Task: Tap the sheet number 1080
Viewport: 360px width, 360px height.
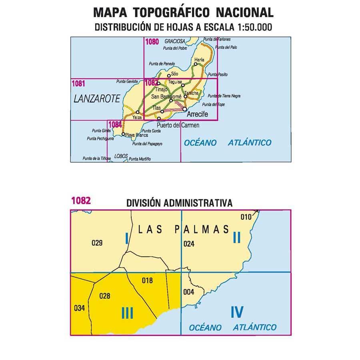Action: (x=152, y=41)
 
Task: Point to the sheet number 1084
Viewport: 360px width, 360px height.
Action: (x=114, y=124)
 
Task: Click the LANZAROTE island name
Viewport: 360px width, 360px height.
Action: (x=97, y=99)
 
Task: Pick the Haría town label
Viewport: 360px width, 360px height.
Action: (x=199, y=59)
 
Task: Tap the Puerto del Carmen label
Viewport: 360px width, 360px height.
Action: (x=178, y=125)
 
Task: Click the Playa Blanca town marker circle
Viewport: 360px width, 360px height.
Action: (x=123, y=134)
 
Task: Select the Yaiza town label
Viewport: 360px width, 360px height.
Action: (x=137, y=117)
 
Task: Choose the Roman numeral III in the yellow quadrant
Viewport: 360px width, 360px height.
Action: (x=127, y=313)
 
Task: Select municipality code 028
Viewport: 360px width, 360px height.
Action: (x=104, y=296)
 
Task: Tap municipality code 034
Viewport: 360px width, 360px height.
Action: (x=80, y=308)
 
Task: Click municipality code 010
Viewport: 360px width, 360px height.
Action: (x=246, y=217)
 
